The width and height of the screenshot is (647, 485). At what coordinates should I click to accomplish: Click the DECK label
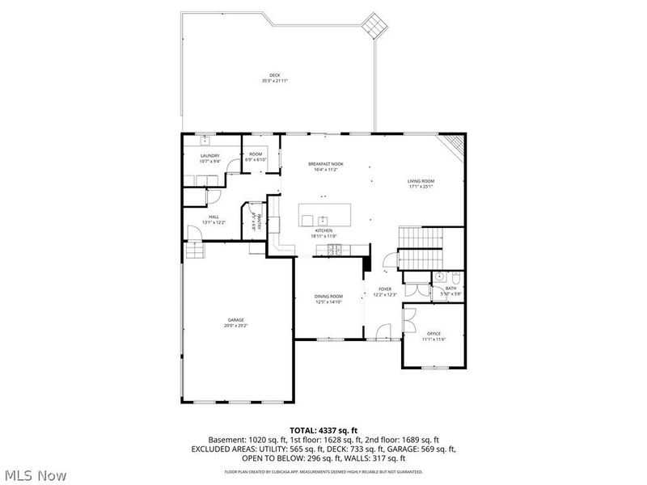point(274,75)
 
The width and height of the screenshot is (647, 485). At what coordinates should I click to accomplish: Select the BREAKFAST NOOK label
point(326,164)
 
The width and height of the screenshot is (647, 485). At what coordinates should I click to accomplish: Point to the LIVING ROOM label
point(421,180)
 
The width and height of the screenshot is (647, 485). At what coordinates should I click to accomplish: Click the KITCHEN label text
point(323,230)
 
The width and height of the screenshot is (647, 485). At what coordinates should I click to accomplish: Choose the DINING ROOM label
point(328,297)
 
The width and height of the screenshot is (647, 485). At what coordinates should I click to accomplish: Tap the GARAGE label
point(235,320)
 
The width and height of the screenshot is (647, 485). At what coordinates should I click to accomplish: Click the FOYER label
point(385,289)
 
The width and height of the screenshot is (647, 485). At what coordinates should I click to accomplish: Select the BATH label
point(450,288)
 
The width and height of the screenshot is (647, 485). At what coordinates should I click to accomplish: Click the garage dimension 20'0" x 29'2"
point(235,325)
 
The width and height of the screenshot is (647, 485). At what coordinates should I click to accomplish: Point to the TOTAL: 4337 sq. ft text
point(323,429)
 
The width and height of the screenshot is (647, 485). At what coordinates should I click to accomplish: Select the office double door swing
point(409,316)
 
